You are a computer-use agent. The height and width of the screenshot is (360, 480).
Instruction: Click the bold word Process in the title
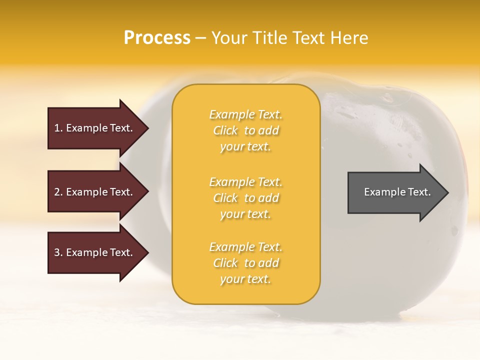pyautogui.click(x=157, y=38)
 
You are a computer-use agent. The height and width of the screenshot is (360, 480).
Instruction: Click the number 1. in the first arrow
pyautogui.click(x=58, y=128)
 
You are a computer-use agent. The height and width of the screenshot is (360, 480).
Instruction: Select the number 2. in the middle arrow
pyautogui.click(x=58, y=192)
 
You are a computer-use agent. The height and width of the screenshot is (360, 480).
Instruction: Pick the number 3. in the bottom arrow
pyautogui.click(x=58, y=252)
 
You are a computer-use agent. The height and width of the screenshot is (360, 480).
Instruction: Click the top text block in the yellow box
pyautogui.click(x=245, y=130)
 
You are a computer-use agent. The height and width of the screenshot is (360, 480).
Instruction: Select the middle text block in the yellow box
pyautogui.click(x=245, y=198)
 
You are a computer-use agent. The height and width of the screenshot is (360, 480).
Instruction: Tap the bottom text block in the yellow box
pyautogui.click(x=245, y=263)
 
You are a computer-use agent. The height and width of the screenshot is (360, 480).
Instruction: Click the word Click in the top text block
pyautogui.click(x=225, y=130)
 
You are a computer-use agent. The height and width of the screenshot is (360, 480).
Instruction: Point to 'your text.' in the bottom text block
pyautogui.click(x=245, y=279)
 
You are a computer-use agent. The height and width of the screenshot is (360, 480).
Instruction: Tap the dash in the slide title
pyautogui.click(x=200, y=38)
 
